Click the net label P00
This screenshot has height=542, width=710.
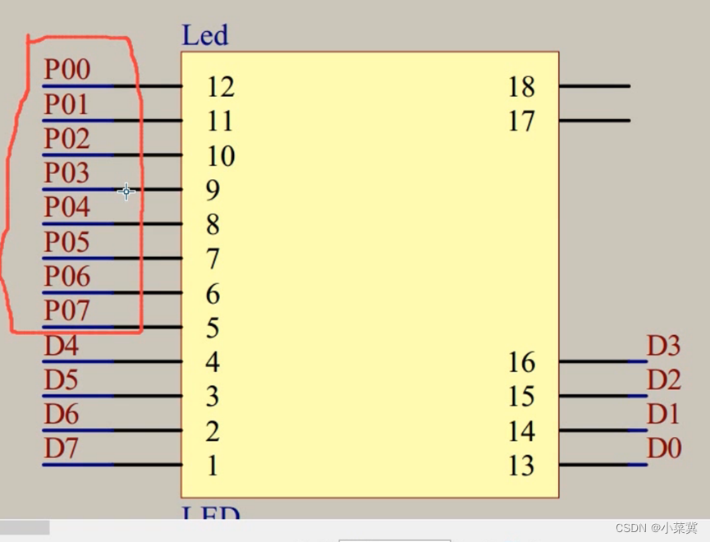coord(66,70)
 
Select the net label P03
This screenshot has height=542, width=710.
coord(66,173)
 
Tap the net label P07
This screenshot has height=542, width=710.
coord(66,311)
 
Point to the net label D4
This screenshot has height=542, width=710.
coord(61,346)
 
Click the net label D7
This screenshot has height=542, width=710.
coord(61,449)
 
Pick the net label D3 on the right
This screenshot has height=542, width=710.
coord(663,346)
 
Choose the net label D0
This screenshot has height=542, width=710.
coord(663,449)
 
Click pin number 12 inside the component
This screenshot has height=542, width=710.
coord(220,86)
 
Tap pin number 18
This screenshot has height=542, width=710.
coord(521,86)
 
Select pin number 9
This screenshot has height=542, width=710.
coord(213,191)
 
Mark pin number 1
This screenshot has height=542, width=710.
coord(213,466)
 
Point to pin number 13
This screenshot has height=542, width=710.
coord(521,466)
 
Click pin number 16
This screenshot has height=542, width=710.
coord(521,362)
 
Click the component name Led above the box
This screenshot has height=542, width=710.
coord(204,35)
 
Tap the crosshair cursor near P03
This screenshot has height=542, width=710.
coord(126,192)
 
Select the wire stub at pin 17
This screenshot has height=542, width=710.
coord(594,121)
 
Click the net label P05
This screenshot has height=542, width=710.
coord(66,242)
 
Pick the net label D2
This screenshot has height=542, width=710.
coord(663,380)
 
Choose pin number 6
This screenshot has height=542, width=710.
coord(213,294)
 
